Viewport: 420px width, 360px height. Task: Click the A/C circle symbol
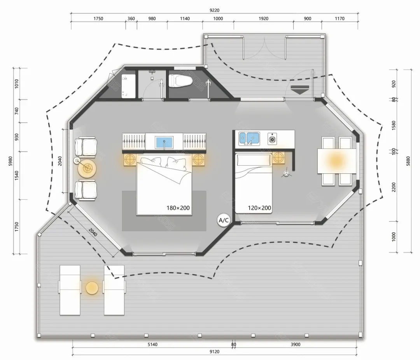pos(224,220)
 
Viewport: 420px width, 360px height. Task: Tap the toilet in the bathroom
pos(180,80)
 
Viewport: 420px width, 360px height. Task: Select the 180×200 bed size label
pos(178,208)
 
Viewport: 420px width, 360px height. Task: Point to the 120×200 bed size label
pos(259,208)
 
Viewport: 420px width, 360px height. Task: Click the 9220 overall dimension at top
pos(214,10)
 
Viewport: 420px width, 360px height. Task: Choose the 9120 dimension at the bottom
pos(214,352)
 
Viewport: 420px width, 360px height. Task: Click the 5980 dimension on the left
pos(10,161)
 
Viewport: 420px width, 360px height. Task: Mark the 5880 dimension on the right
pos(408,161)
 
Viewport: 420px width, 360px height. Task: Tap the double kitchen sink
pos(249,138)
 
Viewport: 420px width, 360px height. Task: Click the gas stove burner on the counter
pos(272,139)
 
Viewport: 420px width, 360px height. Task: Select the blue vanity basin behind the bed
pos(164,142)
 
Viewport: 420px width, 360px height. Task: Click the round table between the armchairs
pos(86,168)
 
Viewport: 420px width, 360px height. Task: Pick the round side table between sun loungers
pos(92,288)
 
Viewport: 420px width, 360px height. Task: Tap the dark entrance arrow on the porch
pos(300,89)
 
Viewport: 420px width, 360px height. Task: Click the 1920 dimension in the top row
pos(263,19)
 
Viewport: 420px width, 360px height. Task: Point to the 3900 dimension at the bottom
pos(296,344)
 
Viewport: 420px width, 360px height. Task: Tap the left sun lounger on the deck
pos(70,290)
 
